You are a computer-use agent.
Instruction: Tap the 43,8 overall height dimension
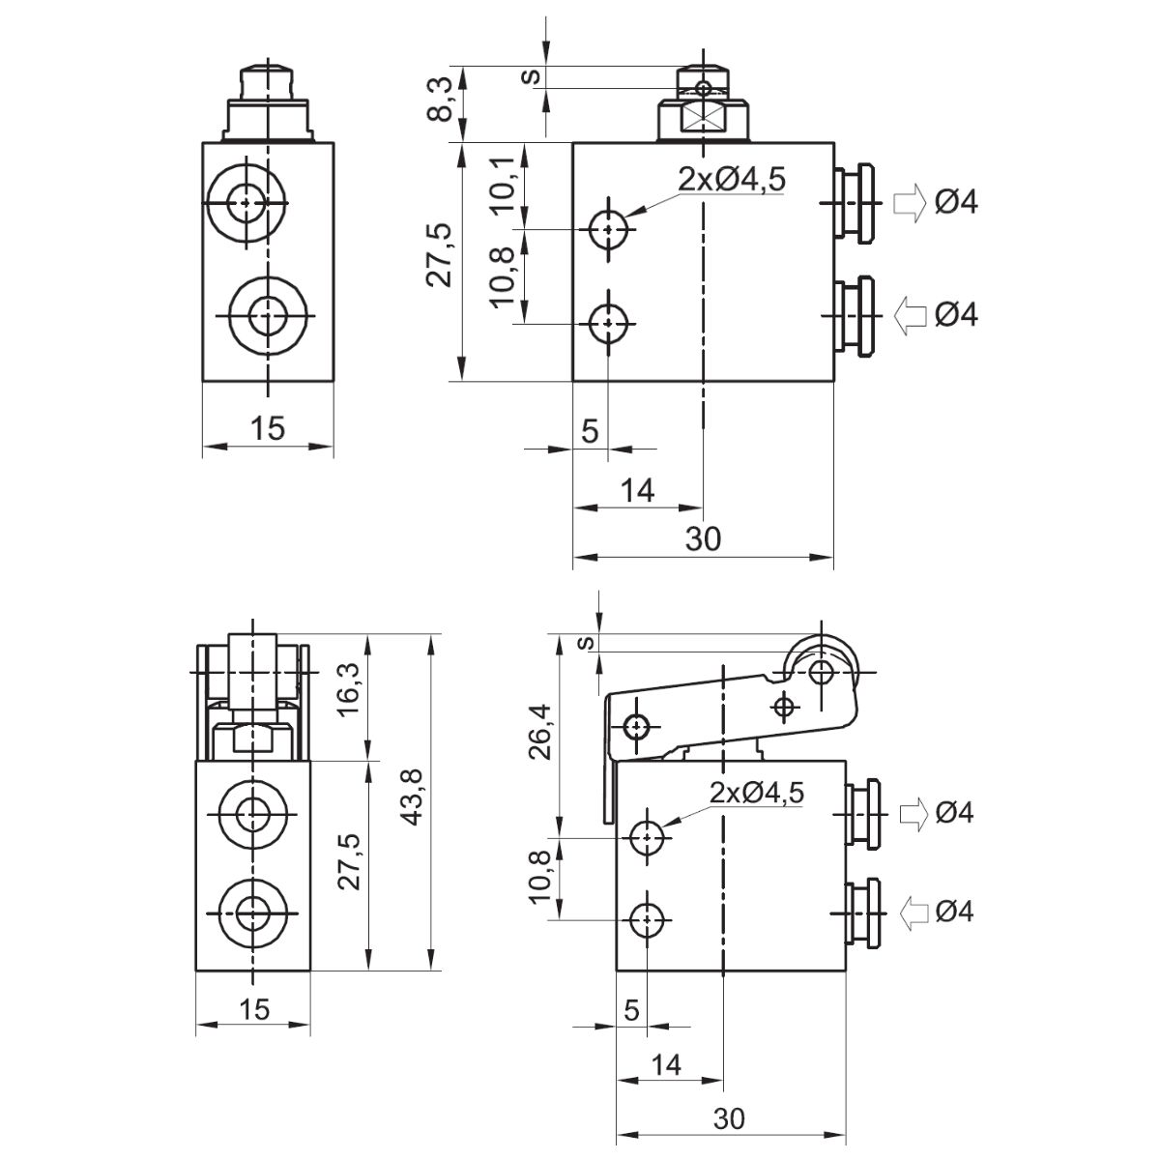414,802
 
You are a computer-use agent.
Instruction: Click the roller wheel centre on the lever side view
822,672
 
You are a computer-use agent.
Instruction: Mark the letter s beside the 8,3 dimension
529,76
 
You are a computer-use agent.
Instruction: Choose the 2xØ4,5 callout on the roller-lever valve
757,793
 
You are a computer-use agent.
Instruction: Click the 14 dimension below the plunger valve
636,491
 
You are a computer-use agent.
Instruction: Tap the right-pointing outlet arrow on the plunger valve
908,203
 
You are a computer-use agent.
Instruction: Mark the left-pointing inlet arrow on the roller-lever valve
913,912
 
